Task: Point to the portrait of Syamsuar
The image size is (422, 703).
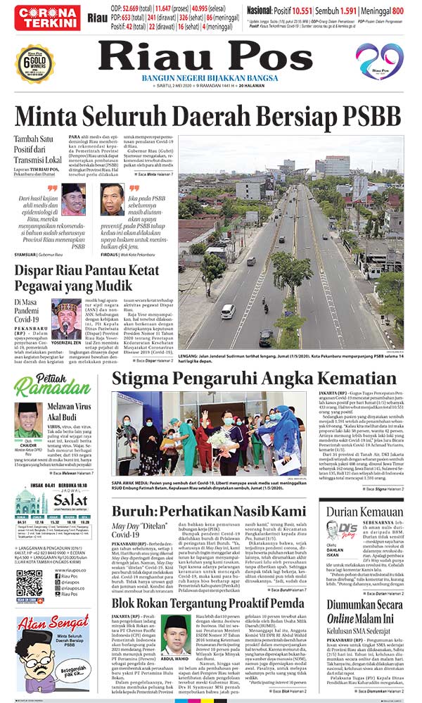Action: [x=72, y=199]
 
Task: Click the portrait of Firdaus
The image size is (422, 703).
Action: [x=112, y=199]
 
